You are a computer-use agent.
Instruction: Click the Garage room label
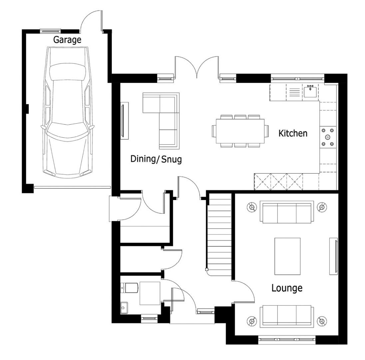(67, 40)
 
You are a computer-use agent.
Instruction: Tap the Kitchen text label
(293, 133)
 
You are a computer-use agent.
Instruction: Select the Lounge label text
(287, 288)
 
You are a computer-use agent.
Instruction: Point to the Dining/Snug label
(156, 159)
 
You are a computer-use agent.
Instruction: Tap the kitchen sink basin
(310, 91)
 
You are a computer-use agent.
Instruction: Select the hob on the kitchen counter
(328, 137)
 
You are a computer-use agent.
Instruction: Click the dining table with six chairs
(240, 131)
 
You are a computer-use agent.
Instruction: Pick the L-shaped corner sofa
(161, 121)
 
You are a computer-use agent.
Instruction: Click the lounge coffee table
(287, 256)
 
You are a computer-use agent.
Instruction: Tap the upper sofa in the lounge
(287, 212)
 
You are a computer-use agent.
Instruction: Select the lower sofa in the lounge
(287, 316)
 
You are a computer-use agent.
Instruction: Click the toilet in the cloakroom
(130, 288)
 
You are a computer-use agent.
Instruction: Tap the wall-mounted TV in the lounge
(334, 256)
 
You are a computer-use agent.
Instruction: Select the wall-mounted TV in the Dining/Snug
(125, 121)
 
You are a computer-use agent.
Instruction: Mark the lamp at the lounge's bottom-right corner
(322, 321)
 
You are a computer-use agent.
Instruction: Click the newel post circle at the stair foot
(206, 270)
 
